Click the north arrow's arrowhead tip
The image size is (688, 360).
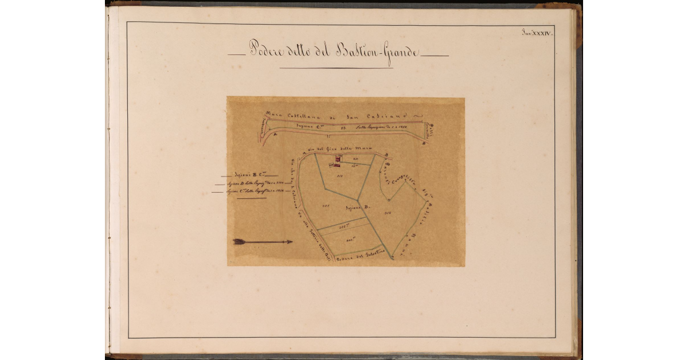pyautogui.click(x=291, y=242)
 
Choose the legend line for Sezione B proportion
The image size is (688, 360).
pyautogui.click(x=252, y=182)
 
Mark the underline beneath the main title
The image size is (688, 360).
pyautogui.click(x=336, y=68)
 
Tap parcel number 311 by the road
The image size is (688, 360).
pyautogui.click(x=355, y=158)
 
